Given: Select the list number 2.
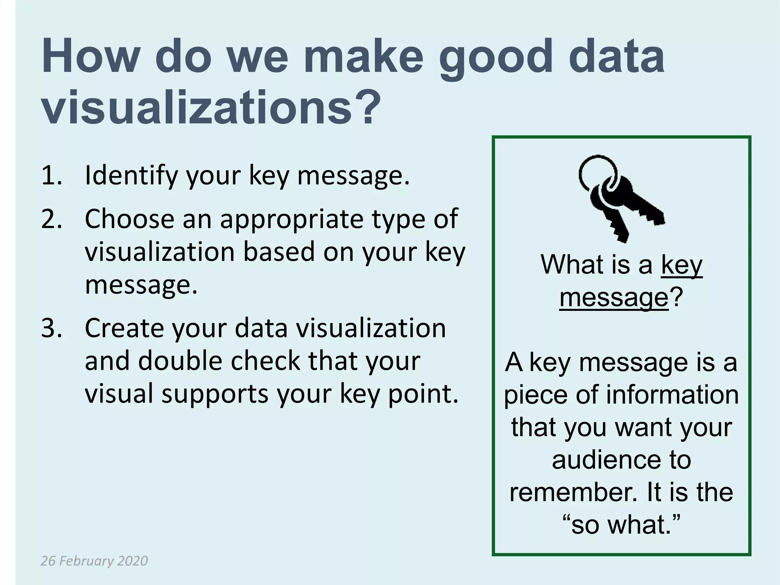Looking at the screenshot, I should coord(51,219).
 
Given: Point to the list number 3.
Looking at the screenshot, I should coord(51,328).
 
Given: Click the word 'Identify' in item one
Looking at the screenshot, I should coord(131,176).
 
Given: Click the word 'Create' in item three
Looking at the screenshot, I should coord(123,328).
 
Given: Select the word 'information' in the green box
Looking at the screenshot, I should coord(672,395).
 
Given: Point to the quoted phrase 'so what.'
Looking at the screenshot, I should coord(621,525).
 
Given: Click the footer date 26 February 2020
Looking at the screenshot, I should coord(94,561).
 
